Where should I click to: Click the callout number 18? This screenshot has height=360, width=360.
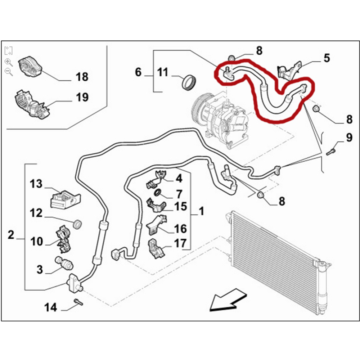click(82, 77)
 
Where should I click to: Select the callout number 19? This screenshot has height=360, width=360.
click(82, 97)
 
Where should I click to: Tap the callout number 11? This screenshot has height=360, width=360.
click(163, 72)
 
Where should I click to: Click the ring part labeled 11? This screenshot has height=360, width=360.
click(189, 82)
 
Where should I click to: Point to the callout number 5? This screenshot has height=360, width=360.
click(327, 58)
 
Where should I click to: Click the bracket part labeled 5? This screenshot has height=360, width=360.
click(289, 69)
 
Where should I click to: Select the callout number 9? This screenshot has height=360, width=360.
click(349, 138)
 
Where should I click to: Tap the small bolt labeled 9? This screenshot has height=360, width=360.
click(331, 152)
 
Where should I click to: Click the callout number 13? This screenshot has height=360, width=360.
click(36, 184)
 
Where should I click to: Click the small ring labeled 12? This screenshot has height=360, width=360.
click(78, 224)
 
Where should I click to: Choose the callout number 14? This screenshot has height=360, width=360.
click(50, 307)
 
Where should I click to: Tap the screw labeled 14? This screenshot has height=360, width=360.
click(78, 302)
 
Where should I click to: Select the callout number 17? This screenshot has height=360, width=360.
click(180, 243)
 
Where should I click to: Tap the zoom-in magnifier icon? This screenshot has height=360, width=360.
click(9, 62)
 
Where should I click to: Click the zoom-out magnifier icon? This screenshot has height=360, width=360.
click(9, 72)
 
